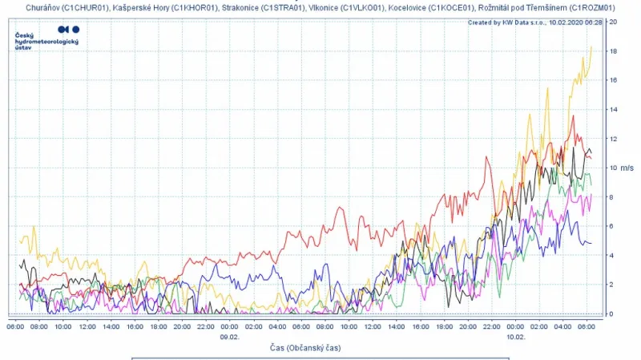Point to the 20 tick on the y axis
click(612, 22)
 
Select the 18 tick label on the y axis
click(612, 51)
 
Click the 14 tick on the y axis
click(612, 110)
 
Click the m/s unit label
click(627, 168)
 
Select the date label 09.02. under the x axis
click(230, 337)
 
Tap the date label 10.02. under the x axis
click(516, 337)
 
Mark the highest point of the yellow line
click(591, 47)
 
